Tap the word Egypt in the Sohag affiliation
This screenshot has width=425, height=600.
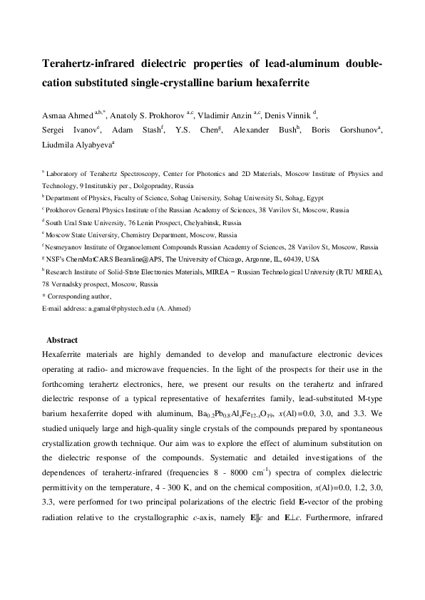312,196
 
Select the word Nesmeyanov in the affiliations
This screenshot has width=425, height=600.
68,247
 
